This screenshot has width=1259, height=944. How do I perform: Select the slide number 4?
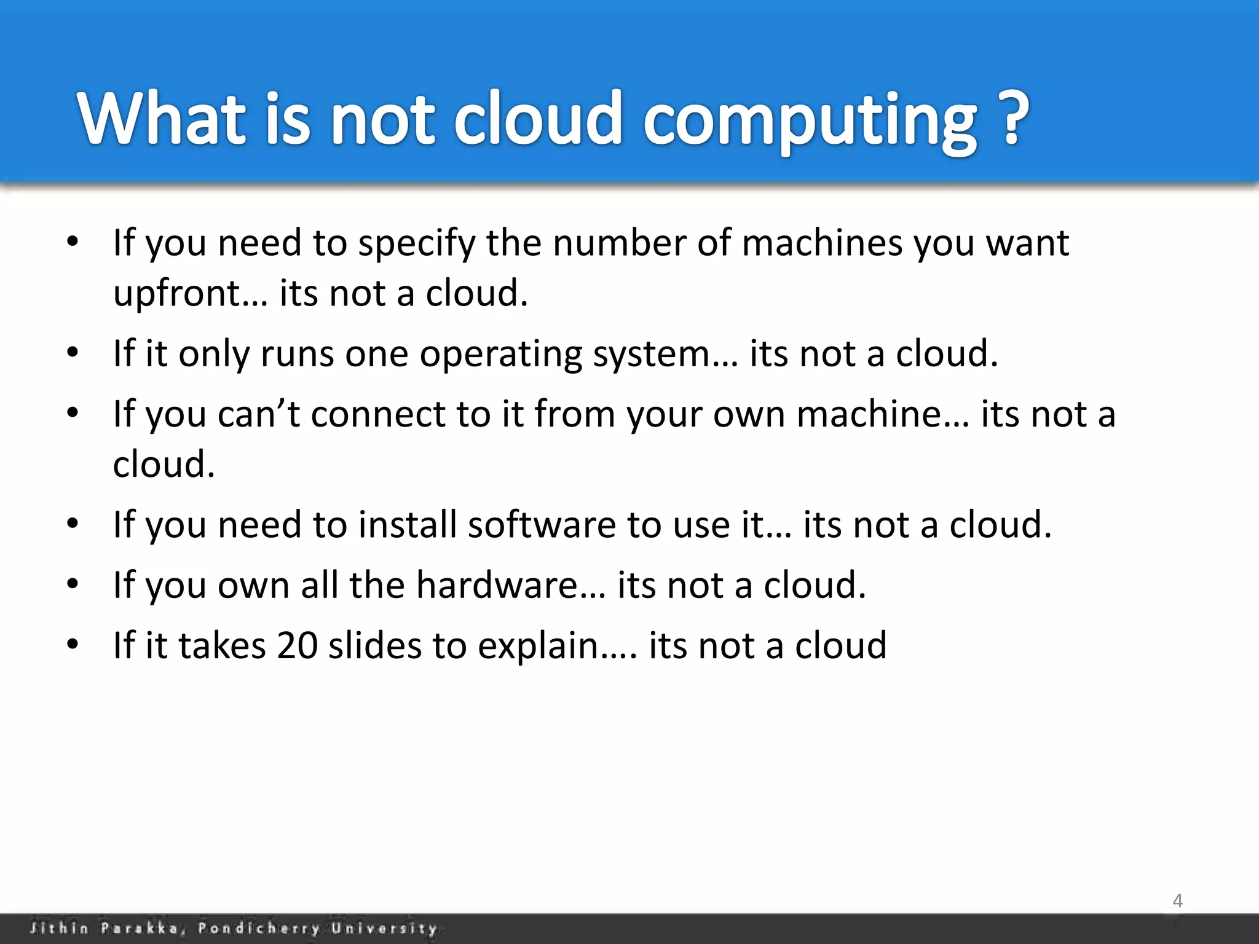click(x=1177, y=901)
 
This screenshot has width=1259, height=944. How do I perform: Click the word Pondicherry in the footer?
click(x=259, y=928)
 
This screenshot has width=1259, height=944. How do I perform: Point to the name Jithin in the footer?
click(x=59, y=928)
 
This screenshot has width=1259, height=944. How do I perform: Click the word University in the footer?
click(x=384, y=928)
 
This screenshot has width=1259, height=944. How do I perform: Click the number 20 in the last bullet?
click(x=297, y=646)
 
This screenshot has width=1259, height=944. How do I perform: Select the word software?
click(x=541, y=525)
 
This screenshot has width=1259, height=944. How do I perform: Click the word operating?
click(x=500, y=355)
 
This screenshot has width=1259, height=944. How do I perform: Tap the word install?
click(x=407, y=525)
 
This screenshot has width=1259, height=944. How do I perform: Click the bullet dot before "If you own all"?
click(x=73, y=584)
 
